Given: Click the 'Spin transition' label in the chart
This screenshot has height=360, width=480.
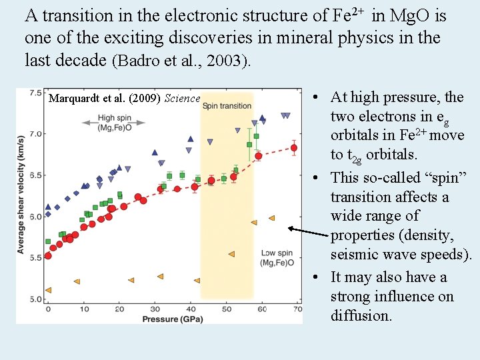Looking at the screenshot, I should pos(227,105).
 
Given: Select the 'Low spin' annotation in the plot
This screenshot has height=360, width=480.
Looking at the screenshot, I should pos(277,253).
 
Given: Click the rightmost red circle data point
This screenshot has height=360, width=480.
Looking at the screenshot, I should pos(294,148).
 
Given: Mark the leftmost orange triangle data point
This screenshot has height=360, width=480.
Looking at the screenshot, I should pos(48,290).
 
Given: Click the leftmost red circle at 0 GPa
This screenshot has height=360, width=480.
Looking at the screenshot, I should pos(48,255).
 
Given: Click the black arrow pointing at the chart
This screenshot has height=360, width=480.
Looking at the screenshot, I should pos(308,231).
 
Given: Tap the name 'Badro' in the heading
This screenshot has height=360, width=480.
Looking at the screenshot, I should pos(137,61).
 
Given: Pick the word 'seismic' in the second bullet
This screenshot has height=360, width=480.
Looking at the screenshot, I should pos(353,255).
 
